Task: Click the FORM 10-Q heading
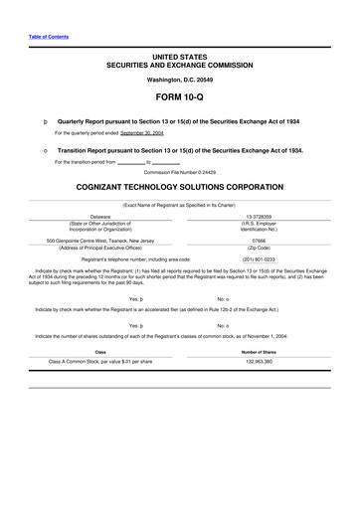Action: click(179, 96)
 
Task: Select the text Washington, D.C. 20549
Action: click(179, 77)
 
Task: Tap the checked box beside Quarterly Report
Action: click(34, 118)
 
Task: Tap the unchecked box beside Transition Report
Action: click(34, 150)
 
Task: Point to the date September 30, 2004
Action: click(143, 131)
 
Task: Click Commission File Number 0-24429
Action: click(179, 171)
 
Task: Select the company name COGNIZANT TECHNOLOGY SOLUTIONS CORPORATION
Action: click(179, 186)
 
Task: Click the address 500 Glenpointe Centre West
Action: click(100, 240)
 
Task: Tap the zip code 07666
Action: click(262, 240)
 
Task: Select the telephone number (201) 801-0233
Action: click(262, 258)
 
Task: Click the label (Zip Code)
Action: click(262, 247)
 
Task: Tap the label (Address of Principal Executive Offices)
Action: click(100, 247)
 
